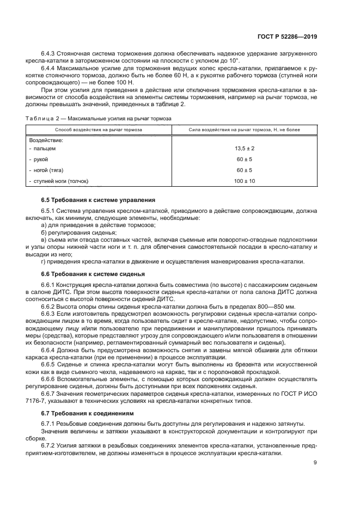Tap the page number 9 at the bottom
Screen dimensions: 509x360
click(x=315, y=463)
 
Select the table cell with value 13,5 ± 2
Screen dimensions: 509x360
click(x=245, y=148)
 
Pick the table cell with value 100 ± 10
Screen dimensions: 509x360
click(x=245, y=181)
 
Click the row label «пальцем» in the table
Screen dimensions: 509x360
click(x=44, y=148)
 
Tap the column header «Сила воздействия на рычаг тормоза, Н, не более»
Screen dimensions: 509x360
click(x=245, y=130)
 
